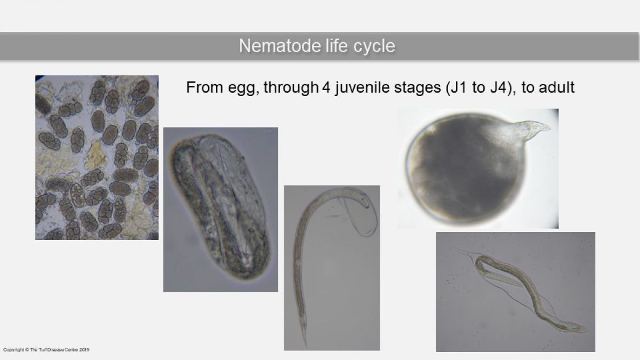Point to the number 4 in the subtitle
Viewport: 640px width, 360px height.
[326, 87]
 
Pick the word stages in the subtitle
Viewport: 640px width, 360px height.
[418, 89]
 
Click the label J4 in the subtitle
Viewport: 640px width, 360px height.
[499, 87]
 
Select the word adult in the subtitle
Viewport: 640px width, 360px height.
[556, 87]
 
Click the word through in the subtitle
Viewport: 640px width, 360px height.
[291, 87]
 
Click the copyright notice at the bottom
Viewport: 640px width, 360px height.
[46, 350]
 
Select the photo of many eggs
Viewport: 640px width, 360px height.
[97, 157]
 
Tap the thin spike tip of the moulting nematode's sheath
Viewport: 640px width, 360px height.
[455, 250]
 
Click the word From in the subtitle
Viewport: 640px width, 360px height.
[205, 87]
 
